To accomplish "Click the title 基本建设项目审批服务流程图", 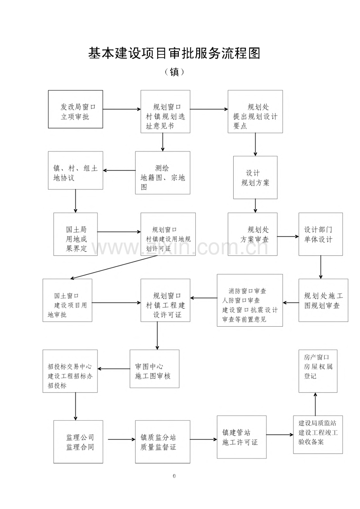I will [174, 53].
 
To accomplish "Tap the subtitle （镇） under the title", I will [175, 72].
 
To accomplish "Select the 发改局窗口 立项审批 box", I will [76, 109].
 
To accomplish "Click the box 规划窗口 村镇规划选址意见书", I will [165, 112].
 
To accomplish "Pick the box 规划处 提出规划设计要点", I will [255, 112].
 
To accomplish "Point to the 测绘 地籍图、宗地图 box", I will [162, 173].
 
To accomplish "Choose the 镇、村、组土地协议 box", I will [76, 171].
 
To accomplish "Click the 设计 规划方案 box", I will [255, 177].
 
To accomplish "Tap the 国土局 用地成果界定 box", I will [76, 234].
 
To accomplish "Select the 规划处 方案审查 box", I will [252, 234].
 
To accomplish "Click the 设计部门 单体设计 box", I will [320, 234].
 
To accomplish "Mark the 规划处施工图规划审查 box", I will [323, 300].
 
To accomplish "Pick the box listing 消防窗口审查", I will [250, 300].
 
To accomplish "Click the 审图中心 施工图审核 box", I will [154, 369].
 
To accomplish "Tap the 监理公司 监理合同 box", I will [78, 442].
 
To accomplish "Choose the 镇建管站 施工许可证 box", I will [241, 437].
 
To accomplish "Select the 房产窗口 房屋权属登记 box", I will [318, 371].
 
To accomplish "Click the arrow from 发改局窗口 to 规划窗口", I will [122, 109].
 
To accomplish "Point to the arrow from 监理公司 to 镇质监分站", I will [121, 439].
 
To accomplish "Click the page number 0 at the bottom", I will [174, 476].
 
